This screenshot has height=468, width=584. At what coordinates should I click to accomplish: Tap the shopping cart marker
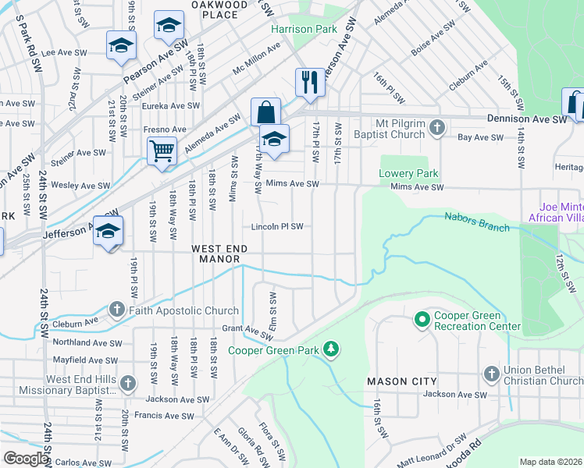tap(162, 149)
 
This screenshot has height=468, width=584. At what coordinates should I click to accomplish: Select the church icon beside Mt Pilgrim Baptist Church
tap(436, 126)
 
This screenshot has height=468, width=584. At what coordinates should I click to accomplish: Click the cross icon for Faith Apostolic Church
tap(116, 310)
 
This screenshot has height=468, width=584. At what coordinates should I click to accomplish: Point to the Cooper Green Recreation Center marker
tap(422, 320)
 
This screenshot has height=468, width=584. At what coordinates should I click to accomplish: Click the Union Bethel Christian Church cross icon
tap(492, 374)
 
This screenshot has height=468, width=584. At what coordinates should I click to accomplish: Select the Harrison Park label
tap(304, 29)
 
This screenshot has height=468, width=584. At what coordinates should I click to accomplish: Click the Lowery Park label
tap(408, 173)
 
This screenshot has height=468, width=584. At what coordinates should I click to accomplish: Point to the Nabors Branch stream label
tap(477, 222)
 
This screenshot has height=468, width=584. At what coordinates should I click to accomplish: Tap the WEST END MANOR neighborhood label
tap(219, 253)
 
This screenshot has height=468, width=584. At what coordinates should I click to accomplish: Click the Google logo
tap(25, 459)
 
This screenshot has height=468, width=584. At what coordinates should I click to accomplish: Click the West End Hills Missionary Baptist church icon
tap(128, 384)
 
